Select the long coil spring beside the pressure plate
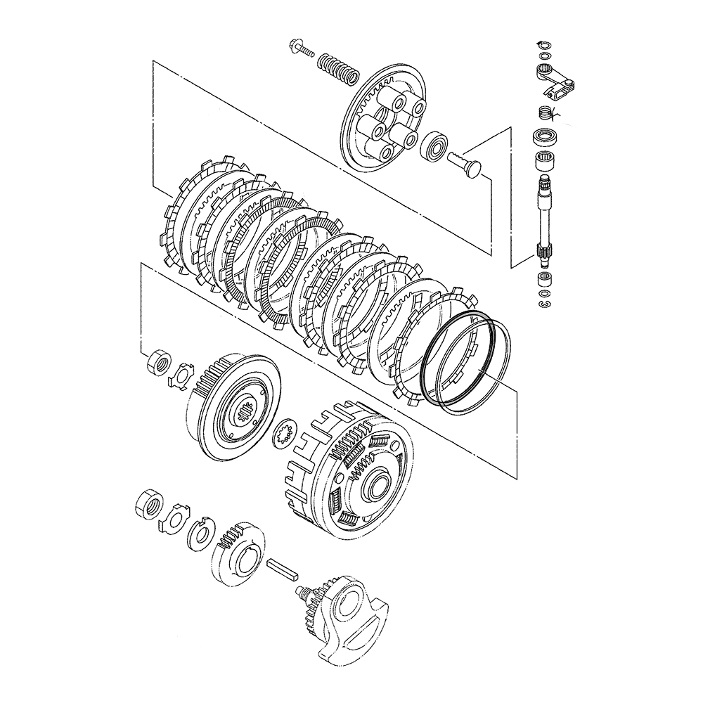[337, 69]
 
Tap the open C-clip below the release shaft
[544, 303]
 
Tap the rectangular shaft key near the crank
[283, 569]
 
